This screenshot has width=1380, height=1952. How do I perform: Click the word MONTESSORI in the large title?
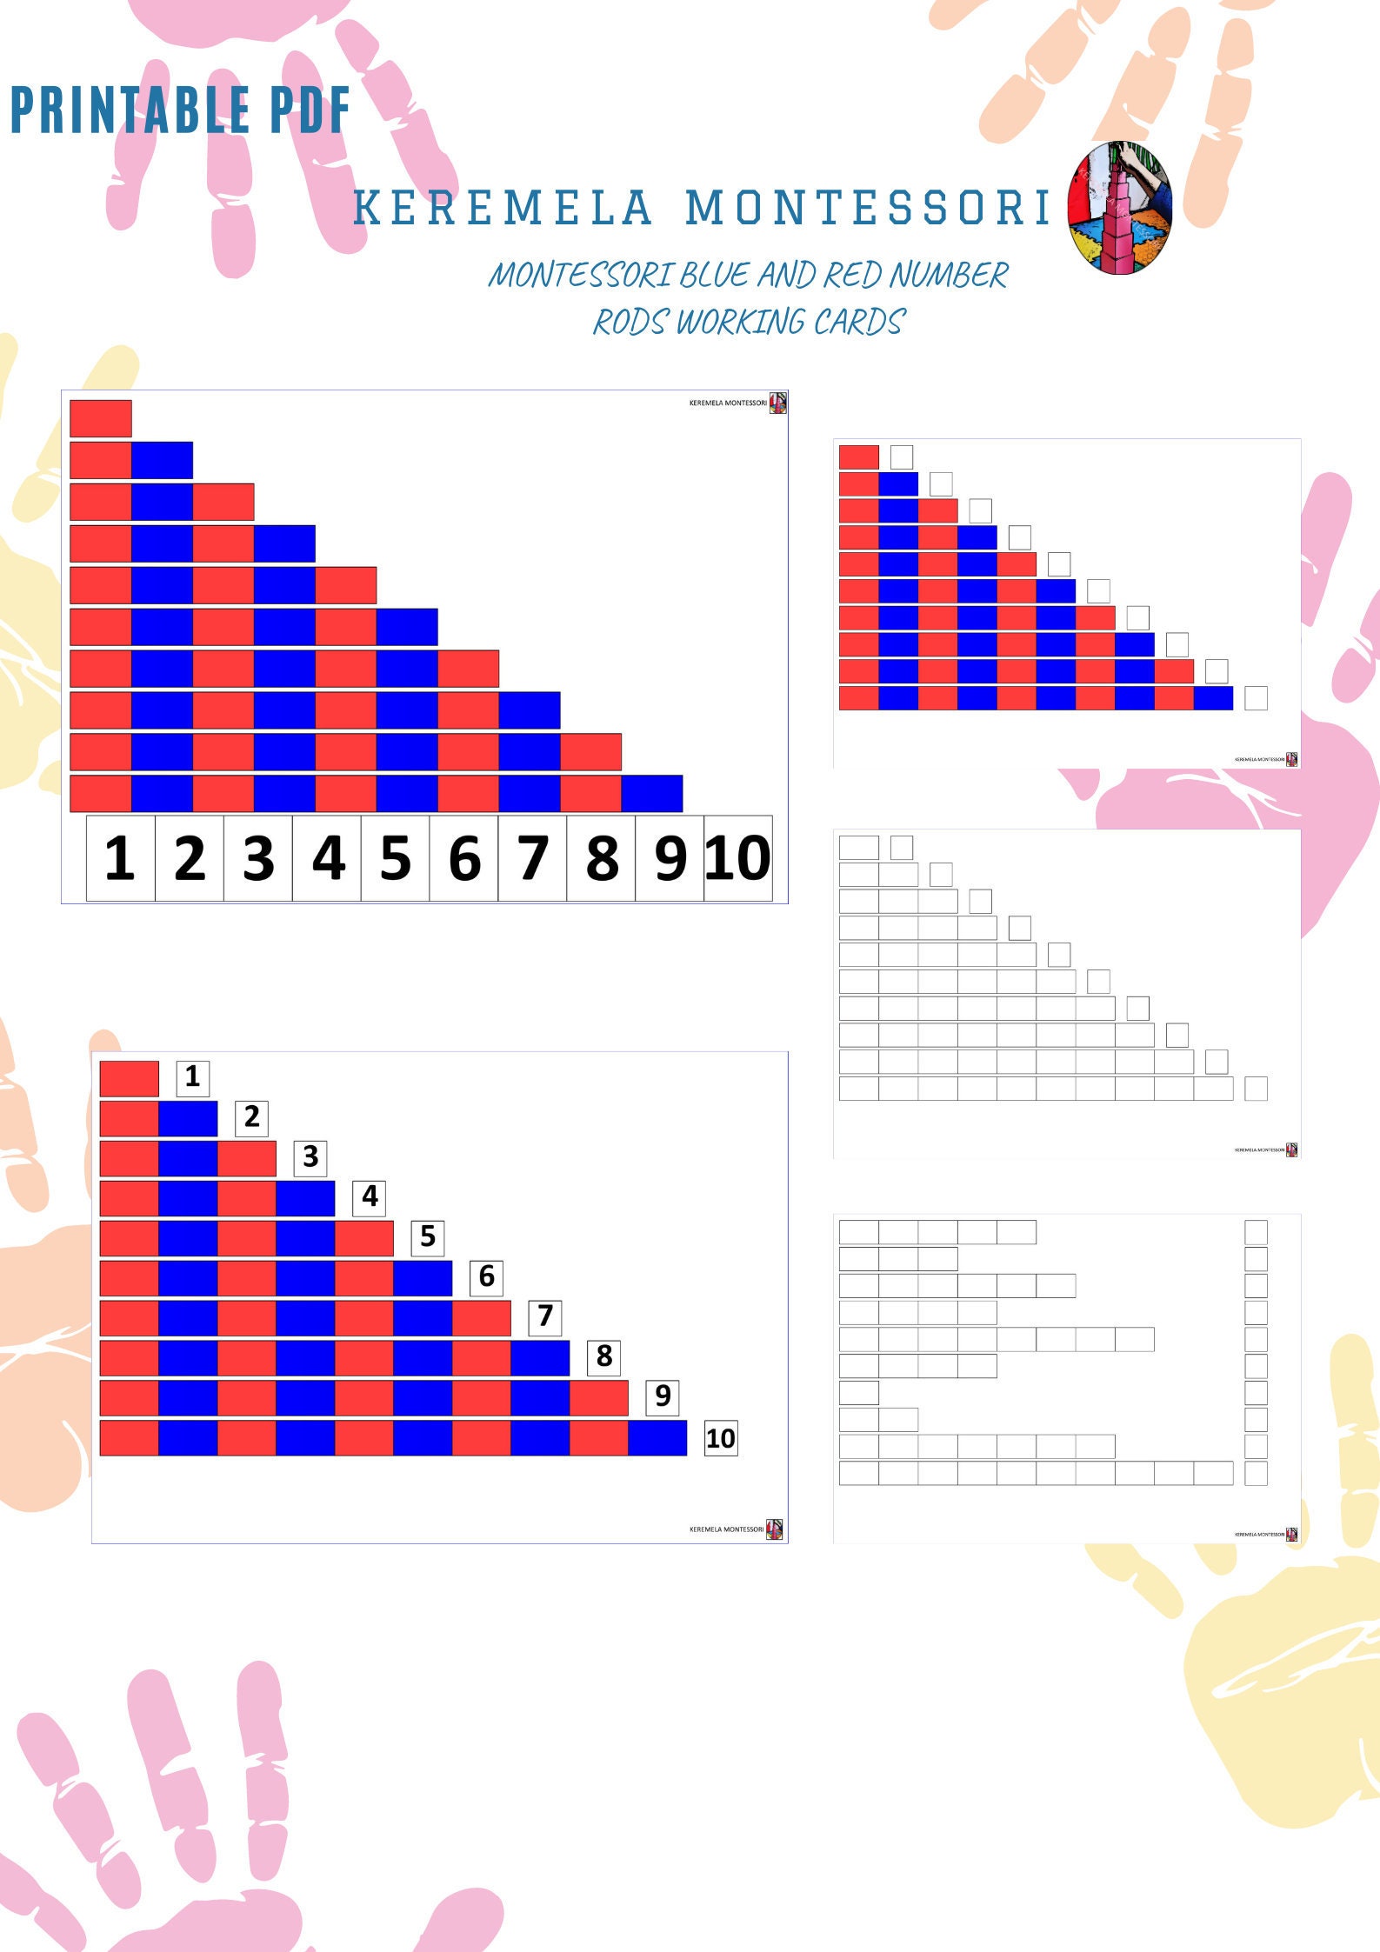point(868,209)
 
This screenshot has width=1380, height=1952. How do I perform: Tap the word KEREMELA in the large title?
point(503,209)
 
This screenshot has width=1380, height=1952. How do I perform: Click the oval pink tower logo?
point(1119,209)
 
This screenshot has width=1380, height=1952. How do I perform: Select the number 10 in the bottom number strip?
point(737,858)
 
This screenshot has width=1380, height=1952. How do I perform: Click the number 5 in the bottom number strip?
point(395,858)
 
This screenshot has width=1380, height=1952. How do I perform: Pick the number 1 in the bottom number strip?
point(120,858)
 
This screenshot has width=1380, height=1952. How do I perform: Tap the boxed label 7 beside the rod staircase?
point(545,1316)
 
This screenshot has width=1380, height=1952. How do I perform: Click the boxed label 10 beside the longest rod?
point(720,1438)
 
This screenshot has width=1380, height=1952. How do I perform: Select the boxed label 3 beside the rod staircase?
point(310,1157)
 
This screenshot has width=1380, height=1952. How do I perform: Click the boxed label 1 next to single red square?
point(192,1076)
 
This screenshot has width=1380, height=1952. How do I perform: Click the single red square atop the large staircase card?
point(101,418)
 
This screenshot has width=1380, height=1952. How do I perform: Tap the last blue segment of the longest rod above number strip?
point(652,793)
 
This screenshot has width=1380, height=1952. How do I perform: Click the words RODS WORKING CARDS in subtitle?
point(750,322)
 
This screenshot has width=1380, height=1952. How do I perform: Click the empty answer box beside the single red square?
point(902,457)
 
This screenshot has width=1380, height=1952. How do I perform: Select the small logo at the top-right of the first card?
point(778,403)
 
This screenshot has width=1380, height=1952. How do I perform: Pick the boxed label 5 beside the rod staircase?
point(428,1236)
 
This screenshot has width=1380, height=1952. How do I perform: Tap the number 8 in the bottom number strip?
point(602,858)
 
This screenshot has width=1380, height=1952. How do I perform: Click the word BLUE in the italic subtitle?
point(713,276)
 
